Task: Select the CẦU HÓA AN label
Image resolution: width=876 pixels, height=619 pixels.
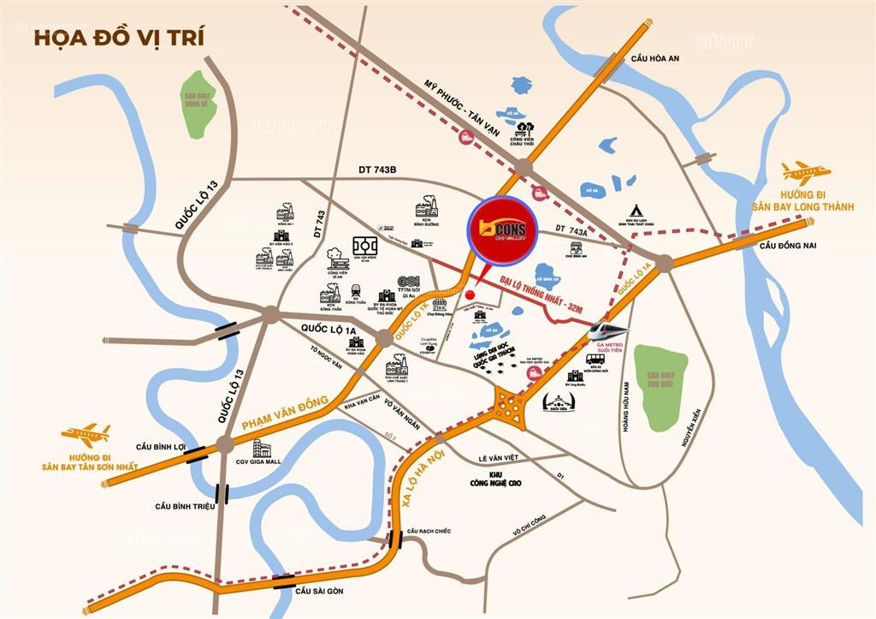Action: [x=654, y=57]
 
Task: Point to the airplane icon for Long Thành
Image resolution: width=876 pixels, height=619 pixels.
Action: [x=804, y=174]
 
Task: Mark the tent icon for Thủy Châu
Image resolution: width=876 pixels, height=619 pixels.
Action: [x=636, y=211]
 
